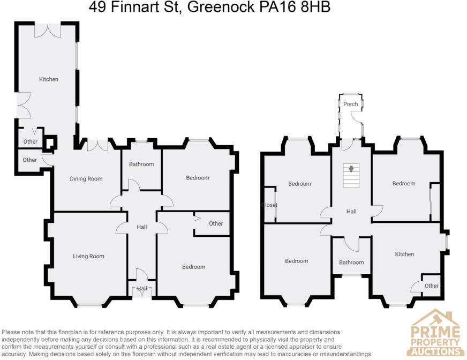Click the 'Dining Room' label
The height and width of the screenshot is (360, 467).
coord(86,179)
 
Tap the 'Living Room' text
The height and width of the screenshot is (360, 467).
coord(88,257)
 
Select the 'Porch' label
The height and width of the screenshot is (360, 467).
coord(351,104)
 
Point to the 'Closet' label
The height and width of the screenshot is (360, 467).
coord(269,205)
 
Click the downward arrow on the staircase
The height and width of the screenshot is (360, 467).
coord(351,169)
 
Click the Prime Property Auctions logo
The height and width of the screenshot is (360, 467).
coord(435,332)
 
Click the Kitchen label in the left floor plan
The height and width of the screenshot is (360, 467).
coord(48,79)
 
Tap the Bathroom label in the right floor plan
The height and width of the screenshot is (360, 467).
coord(351,262)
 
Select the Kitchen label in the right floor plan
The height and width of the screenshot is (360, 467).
coord(404,254)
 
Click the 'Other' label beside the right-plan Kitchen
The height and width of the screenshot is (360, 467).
coord(431,286)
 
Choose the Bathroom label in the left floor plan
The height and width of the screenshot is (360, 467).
coord(141,164)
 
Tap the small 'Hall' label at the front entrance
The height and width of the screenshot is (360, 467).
coord(141,288)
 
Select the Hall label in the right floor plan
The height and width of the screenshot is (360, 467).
coord(351,212)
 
